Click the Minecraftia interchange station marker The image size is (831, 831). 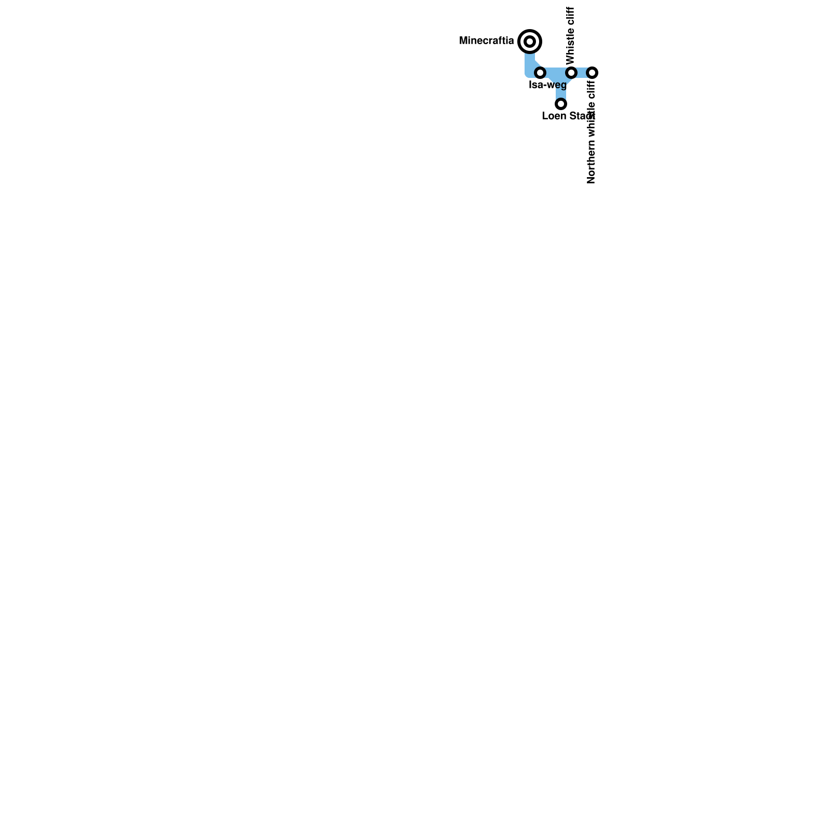(530, 41)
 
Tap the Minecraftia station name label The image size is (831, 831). (487, 41)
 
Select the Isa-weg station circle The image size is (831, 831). (540, 72)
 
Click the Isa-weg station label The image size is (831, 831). (547, 85)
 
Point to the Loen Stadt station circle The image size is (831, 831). (561, 104)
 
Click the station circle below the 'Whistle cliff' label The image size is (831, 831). (571, 72)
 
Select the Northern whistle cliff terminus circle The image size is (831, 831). (592, 72)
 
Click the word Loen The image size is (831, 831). (553, 116)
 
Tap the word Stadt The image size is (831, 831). (581, 116)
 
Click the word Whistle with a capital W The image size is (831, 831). (571, 46)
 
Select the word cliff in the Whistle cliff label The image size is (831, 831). (571, 17)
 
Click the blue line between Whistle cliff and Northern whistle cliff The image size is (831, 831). (582, 72)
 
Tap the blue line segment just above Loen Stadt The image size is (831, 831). (561, 92)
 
